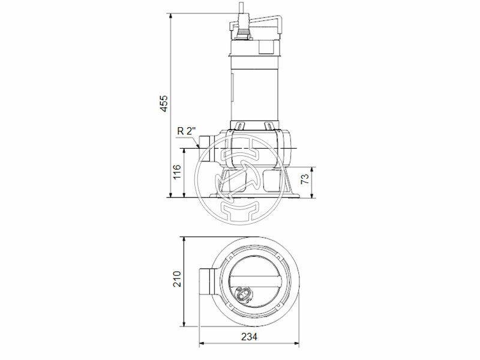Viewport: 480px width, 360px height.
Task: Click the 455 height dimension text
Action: [164, 103]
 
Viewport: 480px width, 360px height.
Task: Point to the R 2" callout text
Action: [187, 131]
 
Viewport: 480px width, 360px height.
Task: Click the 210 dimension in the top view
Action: [176, 280]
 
